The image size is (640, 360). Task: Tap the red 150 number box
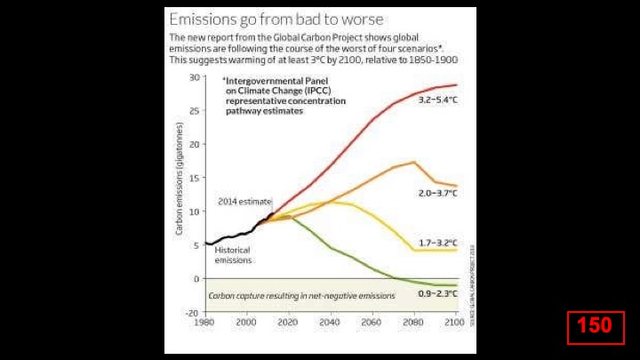[x=595, y=326]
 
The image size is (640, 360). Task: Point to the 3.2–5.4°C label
[x=437, y=100]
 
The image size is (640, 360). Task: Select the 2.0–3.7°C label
[x=437, y=192]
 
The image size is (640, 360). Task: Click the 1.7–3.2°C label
[x=437, y=242]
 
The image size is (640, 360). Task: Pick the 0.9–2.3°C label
[x=437, y=293]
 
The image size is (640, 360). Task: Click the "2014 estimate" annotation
[x=244, y=202]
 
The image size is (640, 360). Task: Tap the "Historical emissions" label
[x=233, y=255]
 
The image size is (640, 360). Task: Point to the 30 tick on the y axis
[x=196, y=76]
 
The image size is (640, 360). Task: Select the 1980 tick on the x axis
[x=205, y=324]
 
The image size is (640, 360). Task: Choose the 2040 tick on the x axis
[x=331, y=324]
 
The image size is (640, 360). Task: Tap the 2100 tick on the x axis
[x=455, y=324]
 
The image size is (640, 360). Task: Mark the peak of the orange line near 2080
[x=414, y=163]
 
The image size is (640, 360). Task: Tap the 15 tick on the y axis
[x=196, y=178]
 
